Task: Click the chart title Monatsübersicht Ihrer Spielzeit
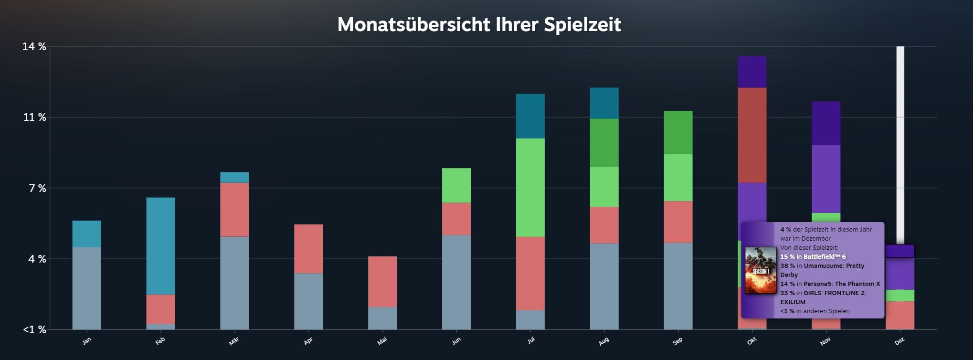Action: point(479,25)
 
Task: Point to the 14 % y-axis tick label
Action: point(34,47)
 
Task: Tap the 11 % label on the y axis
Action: point(34,117)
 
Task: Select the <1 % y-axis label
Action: point(34,330)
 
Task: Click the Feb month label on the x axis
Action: point(160,341)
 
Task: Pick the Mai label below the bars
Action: point(382,341)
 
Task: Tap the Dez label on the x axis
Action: point(899,341)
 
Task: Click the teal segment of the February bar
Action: point(160,246)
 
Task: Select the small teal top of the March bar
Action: point(234,178)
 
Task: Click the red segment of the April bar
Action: point(308,249)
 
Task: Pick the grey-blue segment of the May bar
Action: point(382,318)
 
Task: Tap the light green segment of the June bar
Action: point(456,185)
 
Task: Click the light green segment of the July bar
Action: point(530,188)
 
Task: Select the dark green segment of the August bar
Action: point(604,142)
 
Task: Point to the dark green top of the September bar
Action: point(678,132)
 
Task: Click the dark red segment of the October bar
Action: point(752,135)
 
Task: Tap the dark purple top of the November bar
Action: point(826,123)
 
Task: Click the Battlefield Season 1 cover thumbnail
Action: point(761,270)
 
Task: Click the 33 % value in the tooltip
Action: point(787,293)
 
